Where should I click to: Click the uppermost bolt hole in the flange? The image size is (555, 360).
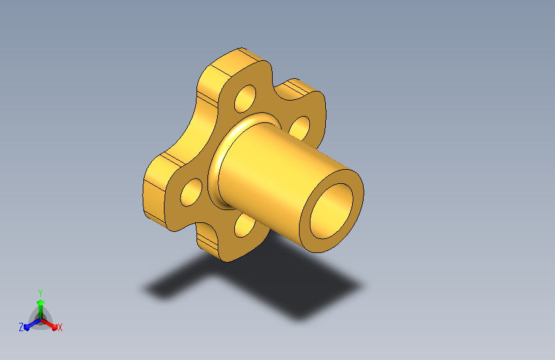pyautogui.click(x=245, y=99)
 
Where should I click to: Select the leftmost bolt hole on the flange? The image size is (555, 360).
pyautogui.click(x=191, y=192)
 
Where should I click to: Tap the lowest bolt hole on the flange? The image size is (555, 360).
pyautogui.click(x=245, y=225)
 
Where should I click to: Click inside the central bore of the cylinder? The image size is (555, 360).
pyautogui.click(x=332, y=211)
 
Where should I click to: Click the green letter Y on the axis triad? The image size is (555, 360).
pyautogui.click(x=40, y=293)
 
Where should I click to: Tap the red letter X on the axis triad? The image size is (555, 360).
pyautogui.click(x=60, y=328)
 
